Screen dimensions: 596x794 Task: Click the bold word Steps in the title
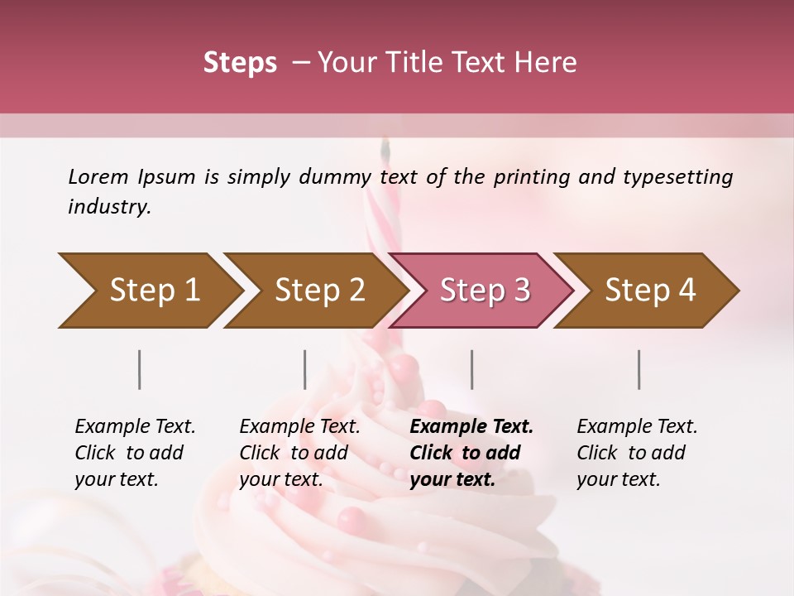pyautogui.click(x=240, y=63)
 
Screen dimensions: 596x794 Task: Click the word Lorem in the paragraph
pyautogui.click(x=98, y=176)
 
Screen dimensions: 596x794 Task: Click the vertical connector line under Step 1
pyautogui.click(x=140, y=369)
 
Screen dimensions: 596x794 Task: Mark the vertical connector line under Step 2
pyautogui.click(x=305, y=369)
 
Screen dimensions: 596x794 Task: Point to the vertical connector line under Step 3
pyautogui.click(x=471, y=369)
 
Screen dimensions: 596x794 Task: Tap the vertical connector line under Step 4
pyautogui.click(x=639, y=369)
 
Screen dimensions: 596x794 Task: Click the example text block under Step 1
pyautogui.click(x=135, y=453)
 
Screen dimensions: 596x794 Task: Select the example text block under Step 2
pyautogui.click(x=299, y=453)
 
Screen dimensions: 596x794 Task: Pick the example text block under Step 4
pyautogui.click(x=637, y=453)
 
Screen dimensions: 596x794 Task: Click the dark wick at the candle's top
pyautogui.click(x=384, y=149)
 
